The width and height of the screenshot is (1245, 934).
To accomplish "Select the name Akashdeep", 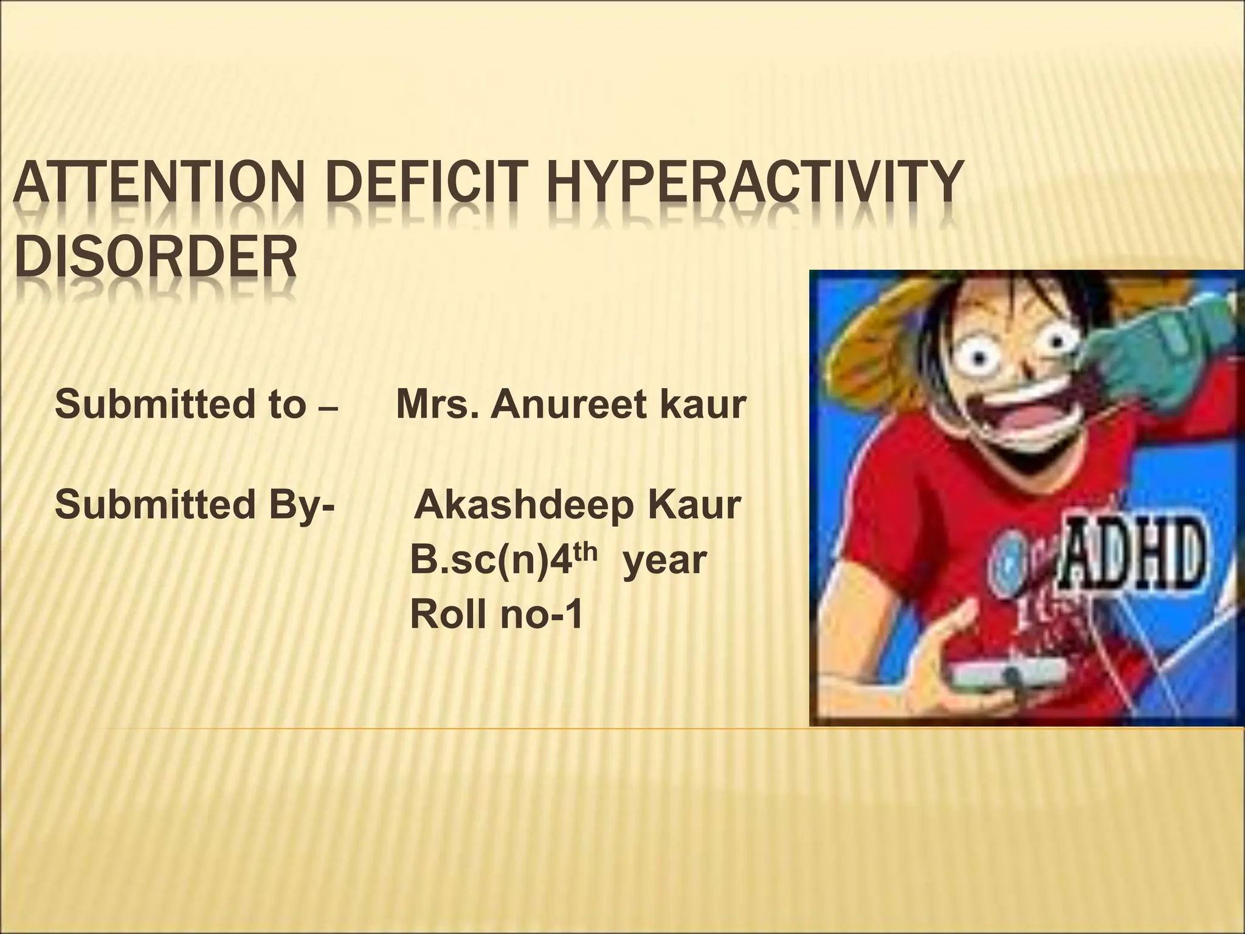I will tap(522, 505).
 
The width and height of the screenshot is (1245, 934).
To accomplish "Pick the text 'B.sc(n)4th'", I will tap(503, 560).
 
